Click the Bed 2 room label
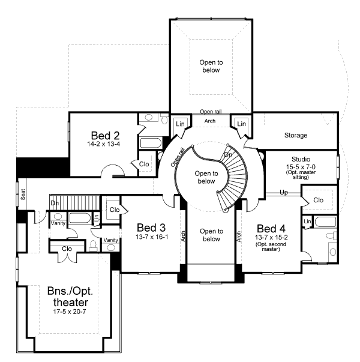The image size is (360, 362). pyautogui.click(x=103, y=134)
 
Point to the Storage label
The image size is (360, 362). pyautogui.click(x=296, y=135)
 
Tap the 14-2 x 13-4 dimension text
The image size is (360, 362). pyautogui.click(x=104, y=144)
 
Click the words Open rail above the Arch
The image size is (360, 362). pyautogui.click(x=211, y=112)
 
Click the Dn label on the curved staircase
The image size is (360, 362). pyautogui.click(x=229, y=154)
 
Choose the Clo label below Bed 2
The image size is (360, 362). pyautogui.click(x=144, y=164)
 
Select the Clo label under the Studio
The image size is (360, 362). pyautogui.click(x=318, y=199)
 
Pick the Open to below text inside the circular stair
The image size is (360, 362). pyautogui.click(x=206, y=176)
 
